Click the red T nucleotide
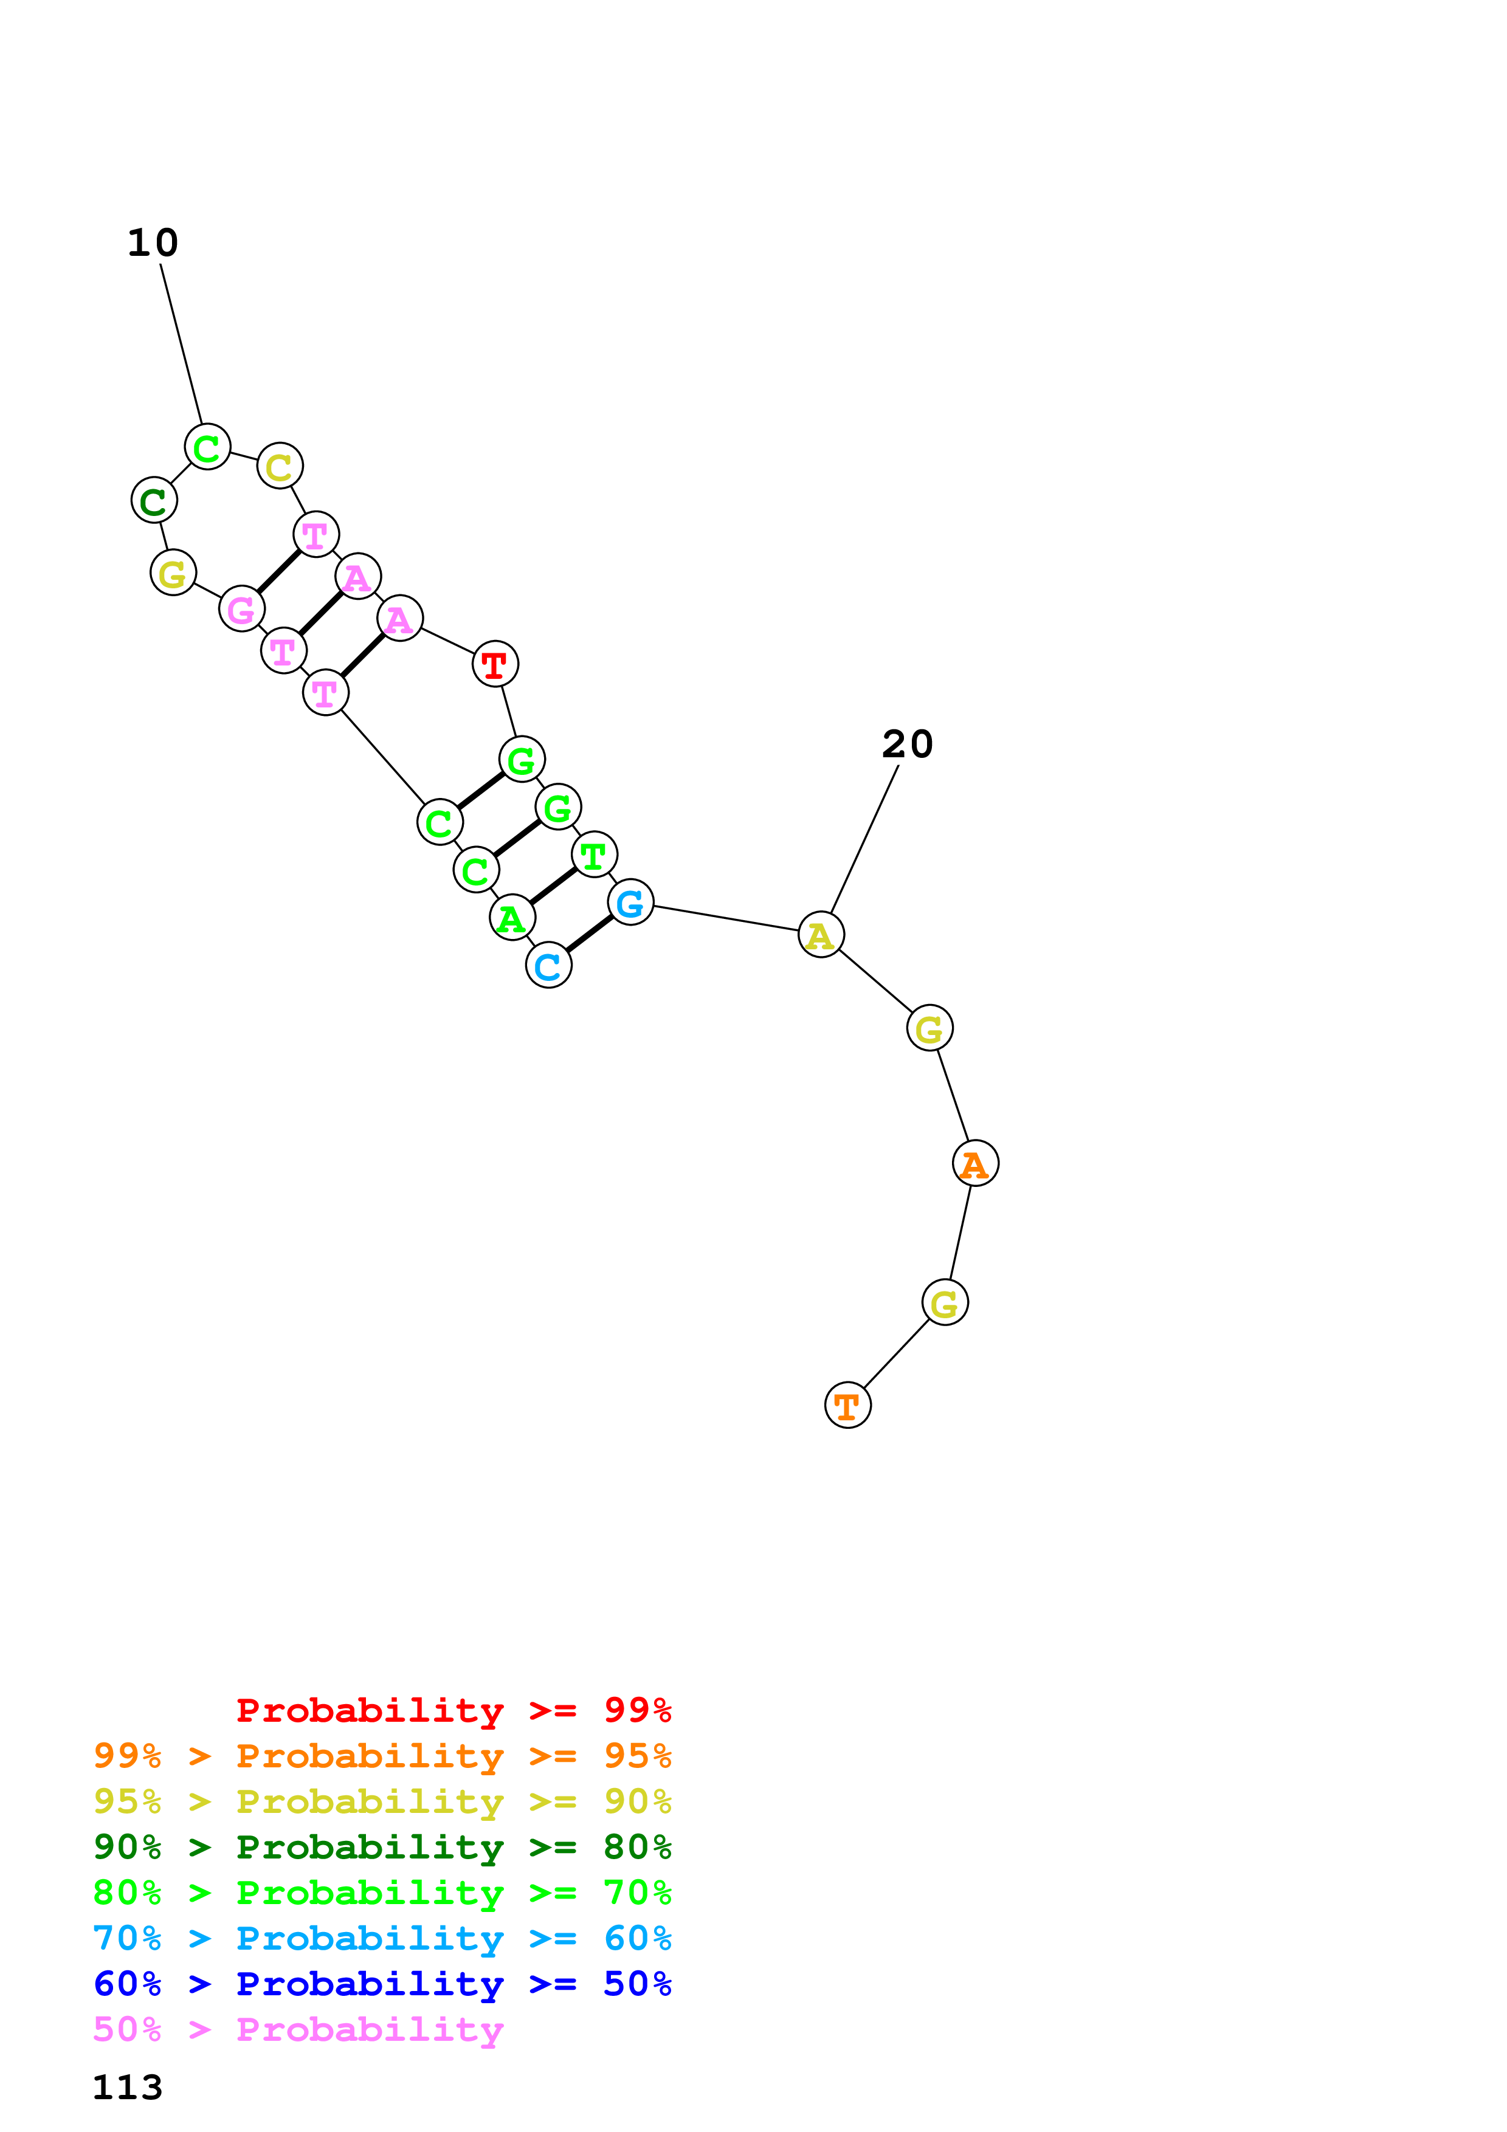tap(495, 664)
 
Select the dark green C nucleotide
tap(154, 501)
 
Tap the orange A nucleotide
tap(975, 1163)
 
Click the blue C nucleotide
tap(549, 966)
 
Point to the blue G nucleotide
tap(630, 903)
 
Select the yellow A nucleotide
tap(821, 935)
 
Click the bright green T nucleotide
tap(595, 855)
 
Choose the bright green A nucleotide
tap(512, 918)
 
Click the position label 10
tap(152, 243)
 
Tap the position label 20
tap(907, 744)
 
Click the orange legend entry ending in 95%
tap(382, 1756)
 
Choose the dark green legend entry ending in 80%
tap(382, 1847)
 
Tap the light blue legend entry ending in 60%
tap(382, 1938)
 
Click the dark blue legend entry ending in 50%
tap(382, 1984)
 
